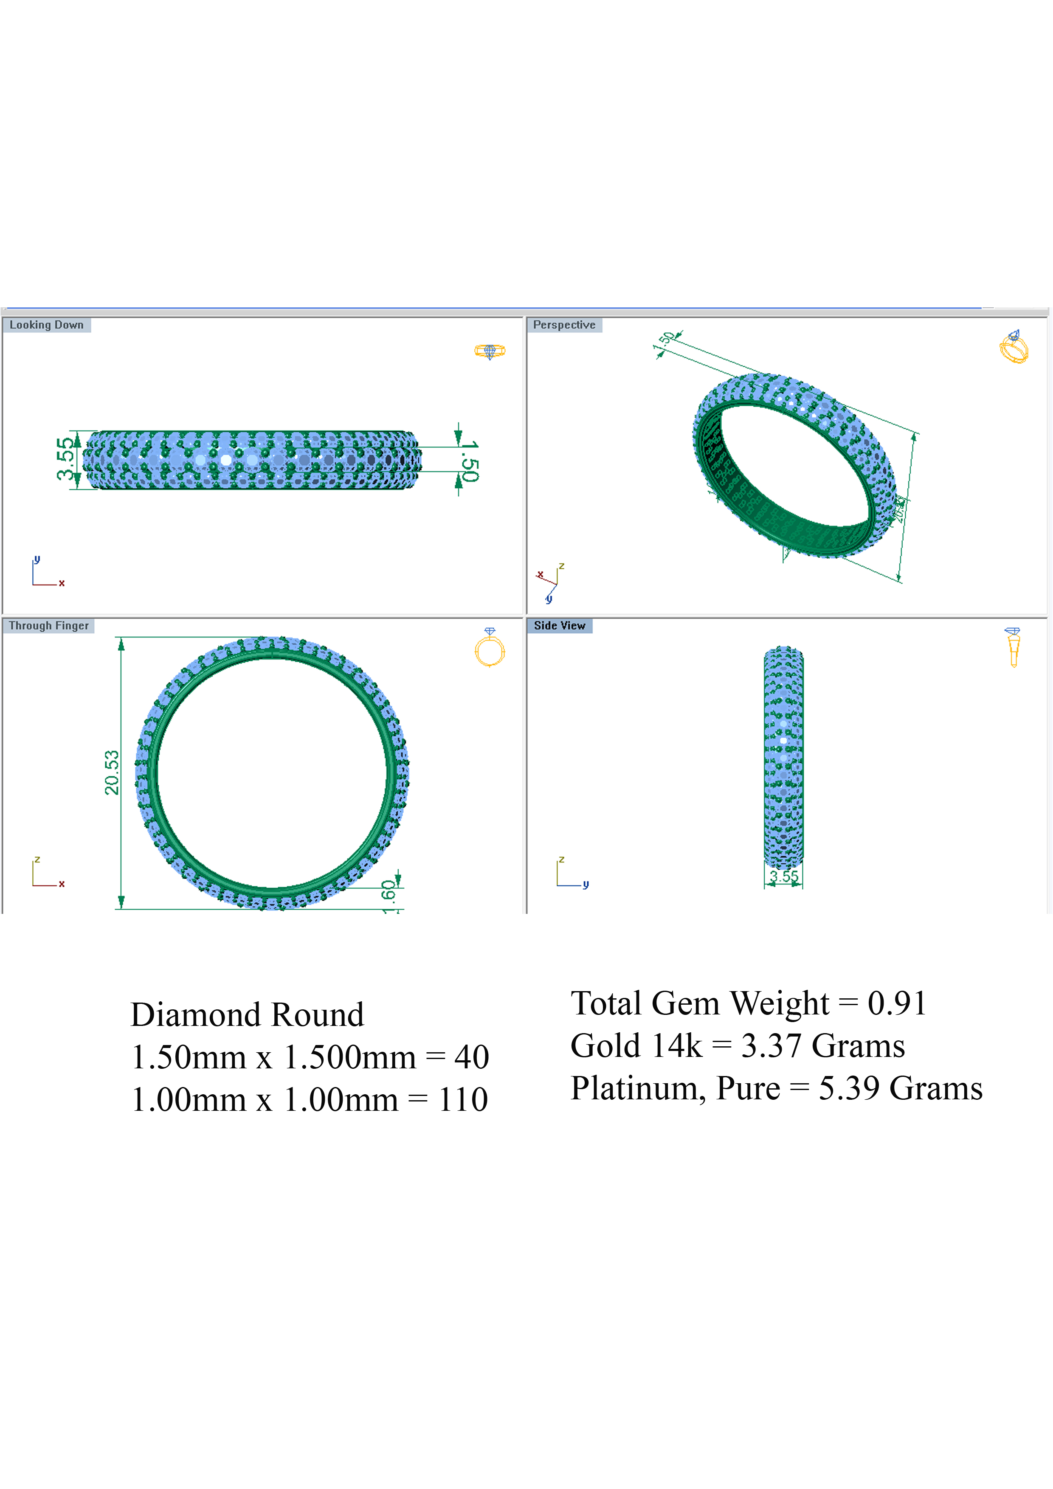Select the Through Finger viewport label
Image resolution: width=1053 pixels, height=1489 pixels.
pyautogui.click(x=49, y=626)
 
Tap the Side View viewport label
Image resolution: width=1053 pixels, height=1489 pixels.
pyautogui.click(x=559, y=626)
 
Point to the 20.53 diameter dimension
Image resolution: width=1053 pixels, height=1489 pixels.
pyautogui.click(x=112, y=772)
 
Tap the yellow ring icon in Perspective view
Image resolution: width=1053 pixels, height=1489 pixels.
pyautogui.click(x=1014, y=346)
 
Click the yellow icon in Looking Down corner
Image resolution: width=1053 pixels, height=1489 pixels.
pyautogui.click(x=490, y=351)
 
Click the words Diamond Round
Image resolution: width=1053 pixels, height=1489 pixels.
pyautogui.click(x=247, y=1015)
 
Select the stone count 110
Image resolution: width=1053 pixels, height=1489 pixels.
pyautogui.click(x=462, y=1100)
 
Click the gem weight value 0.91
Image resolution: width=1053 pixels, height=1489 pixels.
pyautogui.click(x=897, y=1003)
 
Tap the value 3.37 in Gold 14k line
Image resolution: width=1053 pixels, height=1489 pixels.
pyautogui.click(x=771, y=1046)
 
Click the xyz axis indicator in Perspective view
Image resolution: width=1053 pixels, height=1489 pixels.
pyautogui.click(x=550, y=582)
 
